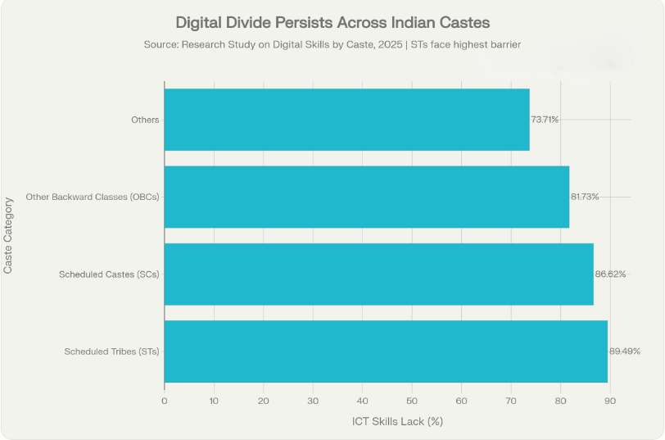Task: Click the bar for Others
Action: [346, 120]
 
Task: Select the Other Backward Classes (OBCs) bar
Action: [366, 197]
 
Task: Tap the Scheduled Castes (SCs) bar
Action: [378, 274]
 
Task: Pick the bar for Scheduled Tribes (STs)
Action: [386, 351]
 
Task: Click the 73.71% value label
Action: [545, 120]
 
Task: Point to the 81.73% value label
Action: [585, 197]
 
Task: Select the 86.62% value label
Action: [610, 274]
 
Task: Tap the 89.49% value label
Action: [624, 351]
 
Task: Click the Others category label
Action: [145, 120]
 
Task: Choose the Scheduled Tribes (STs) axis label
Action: [111, 352]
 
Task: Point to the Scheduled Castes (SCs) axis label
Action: [109, 274]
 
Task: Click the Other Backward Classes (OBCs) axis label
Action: [93, 197]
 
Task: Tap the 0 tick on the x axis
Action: [165, 401]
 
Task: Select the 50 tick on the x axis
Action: [412, 401]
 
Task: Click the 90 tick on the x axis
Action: [610, 401]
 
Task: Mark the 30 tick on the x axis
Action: [313, 401]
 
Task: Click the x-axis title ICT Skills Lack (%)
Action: [397, 421]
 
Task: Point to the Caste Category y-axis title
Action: [8, 234]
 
